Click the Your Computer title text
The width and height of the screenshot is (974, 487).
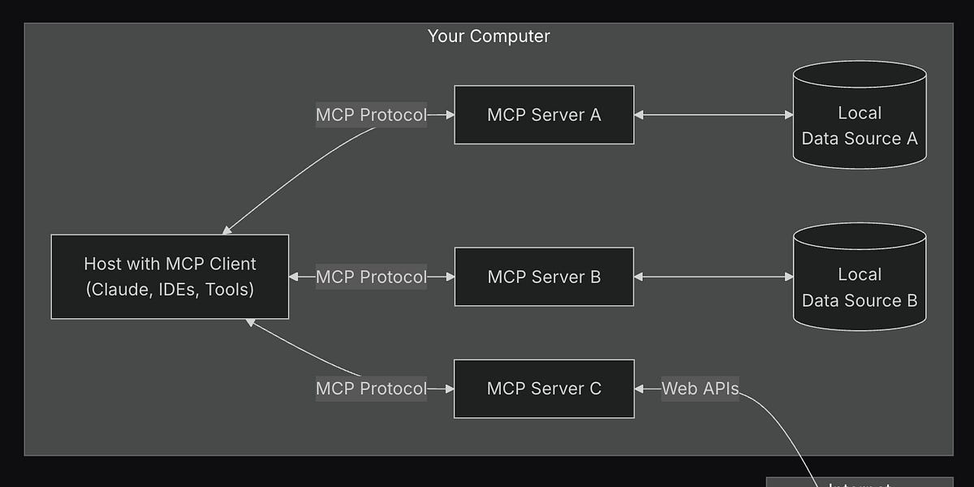pyautogui.click(x=489, y=36)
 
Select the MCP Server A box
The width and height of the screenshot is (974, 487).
pyautogui.click(x=544, y=114)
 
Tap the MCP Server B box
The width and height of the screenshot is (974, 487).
pyautogui.click(x=544, y=277)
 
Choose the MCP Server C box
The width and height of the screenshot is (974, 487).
pyautogui.click(x=544, y=389)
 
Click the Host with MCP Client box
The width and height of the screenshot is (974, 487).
pyautogui.click(x=170, y=277)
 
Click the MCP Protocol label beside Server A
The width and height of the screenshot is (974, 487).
pyautogui.click(x=371, y=115)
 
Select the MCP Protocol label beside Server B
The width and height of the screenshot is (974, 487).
pyautogui.click(x=371, y=277)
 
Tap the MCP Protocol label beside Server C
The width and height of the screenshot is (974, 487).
pyautogui.click(x=371, y=389)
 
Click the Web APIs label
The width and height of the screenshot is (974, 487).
pyautogui.click(x=700, y=389)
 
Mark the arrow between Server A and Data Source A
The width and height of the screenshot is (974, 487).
pyautogui.click(x=714, y=115)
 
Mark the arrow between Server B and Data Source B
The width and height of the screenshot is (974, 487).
pyautogui.click(x=714, y=277)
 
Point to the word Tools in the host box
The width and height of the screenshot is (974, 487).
pyautogui.click(x=229, y=289)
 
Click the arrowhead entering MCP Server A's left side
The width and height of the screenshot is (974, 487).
pyautogui.click(x=449, y=115)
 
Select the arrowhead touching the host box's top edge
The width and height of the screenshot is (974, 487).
pyautogui.click(x=228, y=231)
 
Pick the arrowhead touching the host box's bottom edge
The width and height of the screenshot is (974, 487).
pyautogui.click(x=251, y=322)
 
